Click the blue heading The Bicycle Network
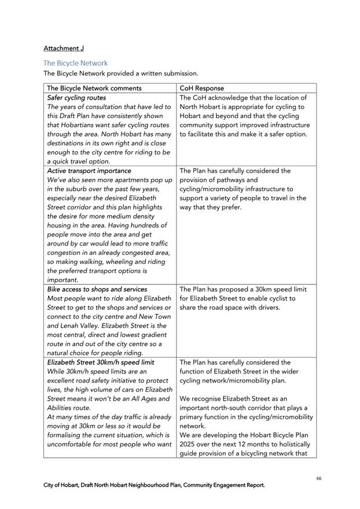click(x=75, y=63)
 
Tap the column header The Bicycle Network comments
click(x=94, y=89)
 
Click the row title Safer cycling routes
click(x=76, y=98)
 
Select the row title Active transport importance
click(x=89, y=171)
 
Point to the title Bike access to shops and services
click(x=97, y=289)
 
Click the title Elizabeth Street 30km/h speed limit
click(x=101, y=362)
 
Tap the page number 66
click(x=319, y=478)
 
